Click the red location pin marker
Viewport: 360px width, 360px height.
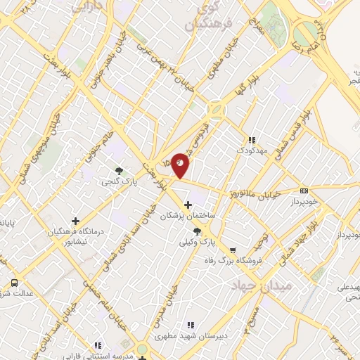(181, 165)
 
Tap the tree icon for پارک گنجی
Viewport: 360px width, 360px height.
(119, 171)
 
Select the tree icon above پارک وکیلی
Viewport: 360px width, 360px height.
(196, 231)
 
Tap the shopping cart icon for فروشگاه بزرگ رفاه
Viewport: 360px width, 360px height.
(233, 250)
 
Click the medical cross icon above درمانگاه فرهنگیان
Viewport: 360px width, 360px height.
(75, 221)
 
